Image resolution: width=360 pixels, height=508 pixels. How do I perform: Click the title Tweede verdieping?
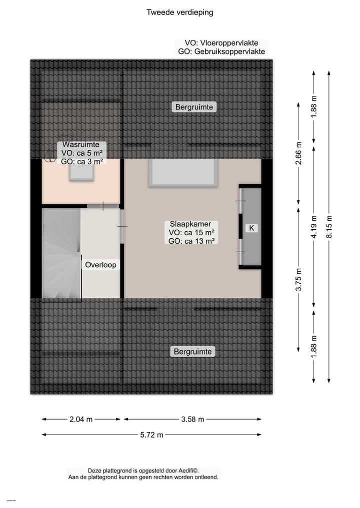(x=179, y=12)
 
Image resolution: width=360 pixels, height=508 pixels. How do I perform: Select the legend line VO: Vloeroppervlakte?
(x=221, y=43)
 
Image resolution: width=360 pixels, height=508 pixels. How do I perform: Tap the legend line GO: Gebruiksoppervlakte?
(x=221, y=51)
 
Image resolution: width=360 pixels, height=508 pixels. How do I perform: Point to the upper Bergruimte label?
(x=194, y=107)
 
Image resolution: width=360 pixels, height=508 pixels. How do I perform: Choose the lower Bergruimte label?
(x=193, y=352)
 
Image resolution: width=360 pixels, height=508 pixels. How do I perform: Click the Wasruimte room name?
(x=77, y=144)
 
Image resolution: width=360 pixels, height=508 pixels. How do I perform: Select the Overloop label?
(x=100, y=265)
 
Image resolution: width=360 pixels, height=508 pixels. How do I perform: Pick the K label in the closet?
(x=252, y=228)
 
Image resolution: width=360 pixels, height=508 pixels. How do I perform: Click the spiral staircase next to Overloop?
(x=61, y=255)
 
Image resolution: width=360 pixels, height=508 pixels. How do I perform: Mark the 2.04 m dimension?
(x=81, y=420)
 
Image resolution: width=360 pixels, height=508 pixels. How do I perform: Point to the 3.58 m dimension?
(x=192, y=420)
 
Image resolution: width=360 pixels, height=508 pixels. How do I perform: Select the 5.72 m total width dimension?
(x=152, y=435)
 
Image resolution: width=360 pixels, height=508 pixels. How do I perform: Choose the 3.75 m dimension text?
(x=298, y=280)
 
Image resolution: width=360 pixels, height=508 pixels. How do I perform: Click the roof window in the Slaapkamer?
(x=183, y=173)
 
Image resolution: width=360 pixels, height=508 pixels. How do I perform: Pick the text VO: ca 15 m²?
(x=192, y=232)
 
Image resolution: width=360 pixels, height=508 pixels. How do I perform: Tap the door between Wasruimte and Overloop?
(x=103, y=206)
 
